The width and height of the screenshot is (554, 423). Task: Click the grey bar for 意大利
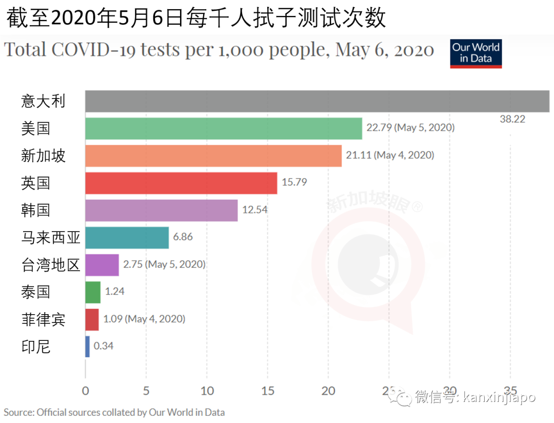click(317, 101)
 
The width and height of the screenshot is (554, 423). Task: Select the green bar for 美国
click(223, 128)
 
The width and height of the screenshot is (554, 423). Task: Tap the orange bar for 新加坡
click(213, 156)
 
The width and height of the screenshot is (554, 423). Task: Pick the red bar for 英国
click(181, 183)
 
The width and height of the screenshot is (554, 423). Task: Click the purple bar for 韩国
click(161, 210)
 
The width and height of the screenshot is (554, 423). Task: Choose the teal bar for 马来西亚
click(127, 238)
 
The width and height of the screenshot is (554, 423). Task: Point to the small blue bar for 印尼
click(87, 347)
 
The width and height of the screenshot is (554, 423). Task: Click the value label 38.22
click(512, 119)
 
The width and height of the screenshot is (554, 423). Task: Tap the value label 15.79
click(294, 182)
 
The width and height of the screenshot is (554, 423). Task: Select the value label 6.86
click(183, 237)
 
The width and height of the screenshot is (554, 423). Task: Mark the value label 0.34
click(104, 346)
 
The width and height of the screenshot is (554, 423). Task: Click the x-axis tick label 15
click(268, 391)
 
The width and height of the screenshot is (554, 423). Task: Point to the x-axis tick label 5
click(146, 391)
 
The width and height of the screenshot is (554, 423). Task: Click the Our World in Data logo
click(476, 53)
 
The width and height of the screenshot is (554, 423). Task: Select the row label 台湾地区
click(51, 265)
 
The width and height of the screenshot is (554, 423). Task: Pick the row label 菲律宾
click(44, 319)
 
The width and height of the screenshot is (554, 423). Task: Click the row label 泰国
click(36, 292)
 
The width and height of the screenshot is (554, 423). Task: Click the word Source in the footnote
click(18, 412)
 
